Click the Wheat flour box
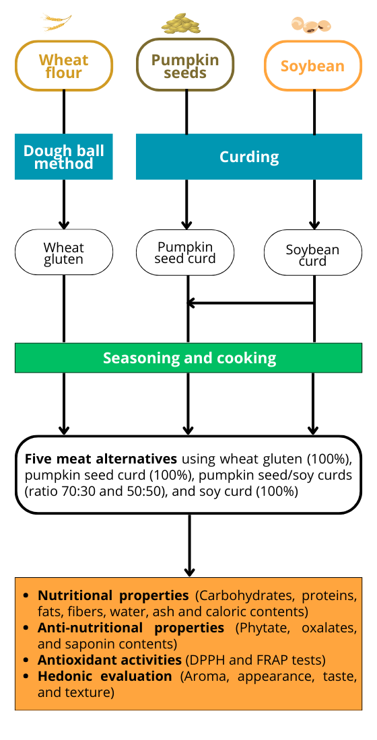64,66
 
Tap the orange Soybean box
313,66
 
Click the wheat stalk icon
57,22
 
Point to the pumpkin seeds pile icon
180,23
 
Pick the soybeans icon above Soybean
311,25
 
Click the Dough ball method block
64,157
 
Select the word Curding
249,157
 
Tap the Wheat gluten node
64,253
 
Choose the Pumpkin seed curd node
185,252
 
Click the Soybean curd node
313,253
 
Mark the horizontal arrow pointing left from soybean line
250,303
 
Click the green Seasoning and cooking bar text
189,358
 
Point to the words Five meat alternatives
101,459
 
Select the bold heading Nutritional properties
113,595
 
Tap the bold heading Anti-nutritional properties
131,628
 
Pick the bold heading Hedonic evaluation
105,675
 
